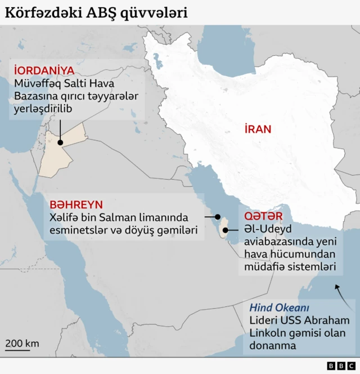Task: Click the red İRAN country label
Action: click(x=258, y=129)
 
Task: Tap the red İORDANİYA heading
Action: click(x=44, y=70)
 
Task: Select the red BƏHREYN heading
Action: click(x=76, y=204)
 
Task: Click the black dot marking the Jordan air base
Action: click(x=60, y=143)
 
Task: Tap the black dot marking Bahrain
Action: click(x=218, y=216)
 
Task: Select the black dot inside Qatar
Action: click(x=225, y=230)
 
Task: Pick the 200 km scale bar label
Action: click(x=22, y=343)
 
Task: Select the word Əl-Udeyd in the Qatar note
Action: click(x=265, y=229)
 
